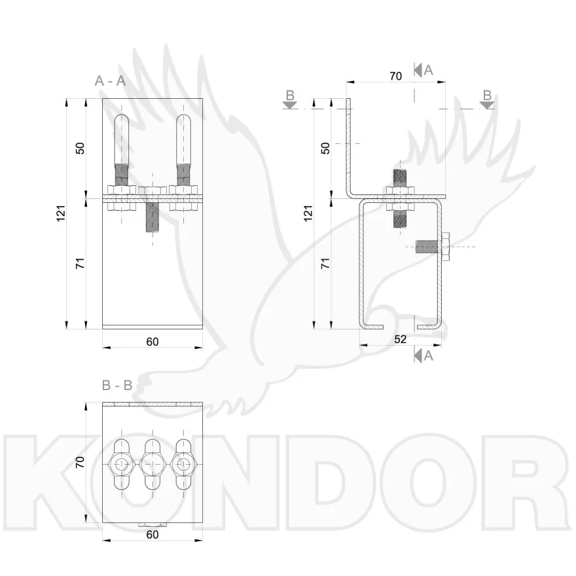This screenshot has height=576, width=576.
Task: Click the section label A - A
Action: point(110,81)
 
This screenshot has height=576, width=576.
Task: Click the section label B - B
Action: point(117,386)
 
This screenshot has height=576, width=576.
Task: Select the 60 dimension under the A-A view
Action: point(153,341)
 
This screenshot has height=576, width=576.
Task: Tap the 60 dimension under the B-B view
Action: point(153,534)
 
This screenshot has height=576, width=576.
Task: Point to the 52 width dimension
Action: point(401,338)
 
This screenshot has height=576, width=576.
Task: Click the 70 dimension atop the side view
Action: point(395,76)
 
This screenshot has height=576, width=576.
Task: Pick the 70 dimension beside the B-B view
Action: point(81,462)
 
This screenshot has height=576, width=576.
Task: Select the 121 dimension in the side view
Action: point(308,213)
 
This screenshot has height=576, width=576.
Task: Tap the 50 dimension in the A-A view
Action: point(81,147)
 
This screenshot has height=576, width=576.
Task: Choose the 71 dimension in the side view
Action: point(325,263)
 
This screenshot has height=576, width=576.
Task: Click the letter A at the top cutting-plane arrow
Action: point(429,70)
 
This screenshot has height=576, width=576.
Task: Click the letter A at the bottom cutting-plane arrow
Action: point(429,355)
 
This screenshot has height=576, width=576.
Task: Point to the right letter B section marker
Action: point(486,96)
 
